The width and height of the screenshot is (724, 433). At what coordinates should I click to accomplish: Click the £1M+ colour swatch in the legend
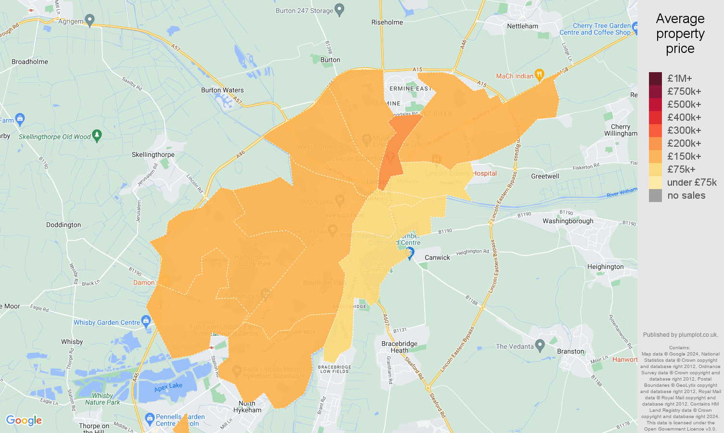click(x=655, y=78)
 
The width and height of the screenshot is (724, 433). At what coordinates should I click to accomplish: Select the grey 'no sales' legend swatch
click(x=655, y=195)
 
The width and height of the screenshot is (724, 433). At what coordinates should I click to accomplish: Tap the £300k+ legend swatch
click(x=655, y=130)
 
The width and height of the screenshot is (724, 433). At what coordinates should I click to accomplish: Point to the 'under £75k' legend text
click(x=692, y=182)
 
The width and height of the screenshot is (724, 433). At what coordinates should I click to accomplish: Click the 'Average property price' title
click(x=680, y=34)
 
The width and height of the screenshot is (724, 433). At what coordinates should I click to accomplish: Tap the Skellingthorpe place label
click(x=153, y=154)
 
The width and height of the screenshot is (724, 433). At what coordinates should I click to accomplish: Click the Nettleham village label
click(x=522, y=26)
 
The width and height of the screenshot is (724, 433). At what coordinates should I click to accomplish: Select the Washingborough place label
click(x=568, y=221)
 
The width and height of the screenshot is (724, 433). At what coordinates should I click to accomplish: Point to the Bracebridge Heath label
click(x=399, y=347)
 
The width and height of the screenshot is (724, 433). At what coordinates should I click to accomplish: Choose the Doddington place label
click(x=64, y=225)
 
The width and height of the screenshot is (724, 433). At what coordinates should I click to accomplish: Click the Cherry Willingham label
click(x=621, y=130)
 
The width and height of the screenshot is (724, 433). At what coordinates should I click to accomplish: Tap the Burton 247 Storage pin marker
click(x=340, y=9)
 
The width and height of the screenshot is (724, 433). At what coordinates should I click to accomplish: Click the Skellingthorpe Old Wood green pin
click(x=97, y=135)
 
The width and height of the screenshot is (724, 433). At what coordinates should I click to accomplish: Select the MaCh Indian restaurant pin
click(x=539, y=75)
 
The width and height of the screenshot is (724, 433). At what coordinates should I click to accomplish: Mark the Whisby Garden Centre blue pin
click(x=146, y=321)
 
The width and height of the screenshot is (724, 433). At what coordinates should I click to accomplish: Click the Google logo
click(x=24, y=420)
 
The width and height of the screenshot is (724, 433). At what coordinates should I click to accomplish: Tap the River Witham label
click(x=622, y=192)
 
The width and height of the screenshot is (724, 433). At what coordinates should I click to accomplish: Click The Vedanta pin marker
click(x=540, y=344)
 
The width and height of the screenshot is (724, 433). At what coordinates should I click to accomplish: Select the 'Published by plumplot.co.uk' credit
click(x=680, y=335)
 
